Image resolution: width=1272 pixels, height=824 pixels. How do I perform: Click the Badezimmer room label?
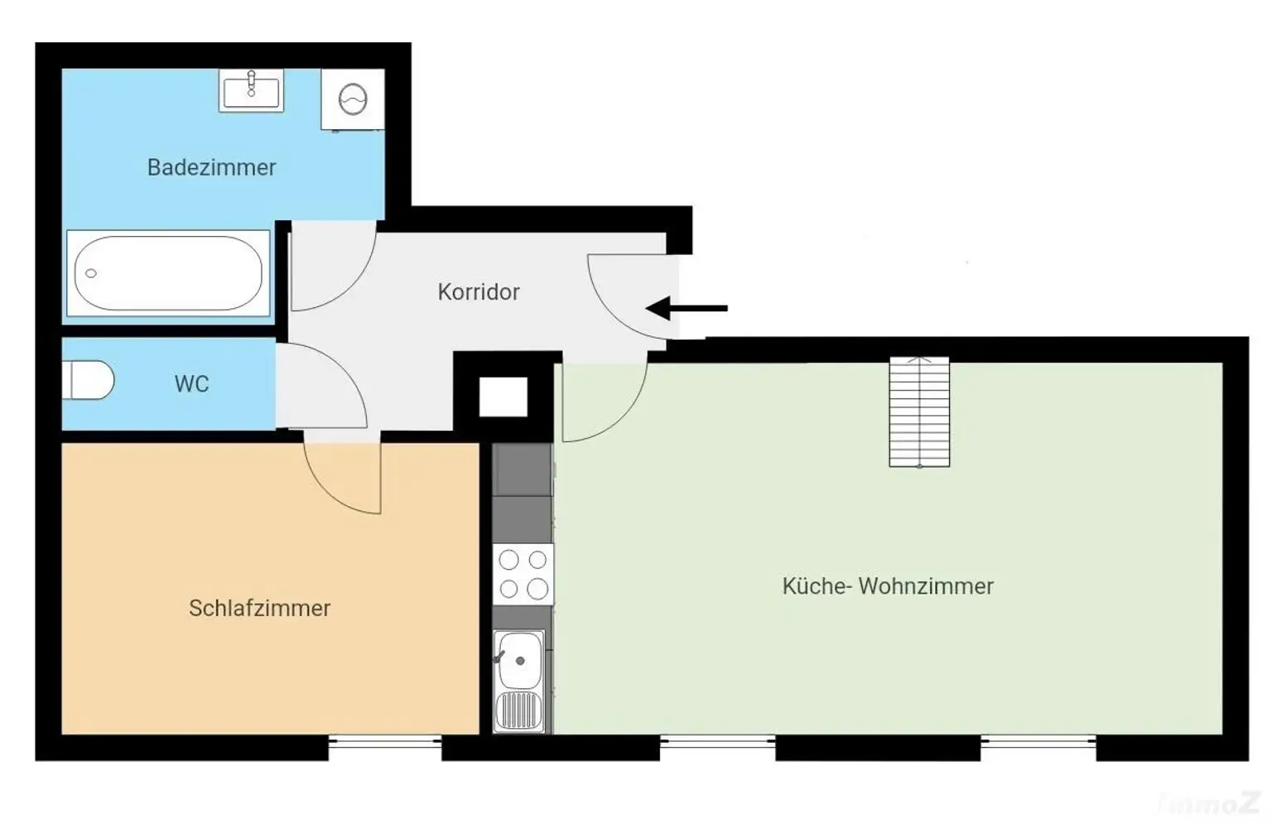[x=211, y=167]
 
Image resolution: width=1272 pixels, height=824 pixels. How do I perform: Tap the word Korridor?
[x=478, y=292]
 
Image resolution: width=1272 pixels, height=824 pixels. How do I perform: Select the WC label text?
[x=192, y=384]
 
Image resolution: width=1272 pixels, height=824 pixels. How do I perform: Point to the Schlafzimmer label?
[x=259, y=608]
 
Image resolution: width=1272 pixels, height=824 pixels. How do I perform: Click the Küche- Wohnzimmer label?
[x=888, y=586]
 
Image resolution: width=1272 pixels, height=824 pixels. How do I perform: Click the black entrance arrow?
[x=687, y=308]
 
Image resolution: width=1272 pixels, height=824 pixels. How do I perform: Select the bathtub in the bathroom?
[x=168, y=273]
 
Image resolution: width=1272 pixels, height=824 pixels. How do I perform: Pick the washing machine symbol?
[x=353, y=100]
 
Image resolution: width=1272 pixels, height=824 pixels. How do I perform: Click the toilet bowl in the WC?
[x=89, y=380]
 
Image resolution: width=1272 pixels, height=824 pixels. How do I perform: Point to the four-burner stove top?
[x=523, y=574]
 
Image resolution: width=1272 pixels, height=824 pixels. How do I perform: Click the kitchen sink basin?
[x=519, y=660]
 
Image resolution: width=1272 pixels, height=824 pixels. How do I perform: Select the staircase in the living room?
[x=919, y=412]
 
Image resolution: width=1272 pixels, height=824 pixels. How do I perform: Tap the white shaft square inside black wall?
[x=503, y=397]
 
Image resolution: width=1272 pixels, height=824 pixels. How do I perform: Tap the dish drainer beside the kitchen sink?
[x=518, y=711]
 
